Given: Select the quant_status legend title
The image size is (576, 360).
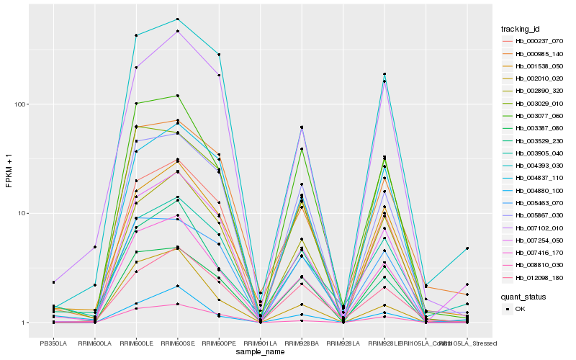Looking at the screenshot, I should pyautogui.click(x=523, y=296).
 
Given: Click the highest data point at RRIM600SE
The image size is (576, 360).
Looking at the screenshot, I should pyautogui.click(x=177, y=19).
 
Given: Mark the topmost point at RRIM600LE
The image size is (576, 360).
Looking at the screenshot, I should pyautogui.click(x=136, y=35).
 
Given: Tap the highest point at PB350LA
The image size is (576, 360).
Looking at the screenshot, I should pyautogui.click(x=53, y=282).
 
